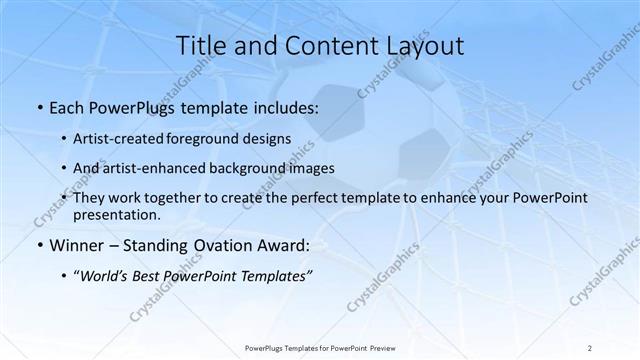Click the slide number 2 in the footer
pos(590,347)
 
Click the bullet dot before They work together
pos(65,199)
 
